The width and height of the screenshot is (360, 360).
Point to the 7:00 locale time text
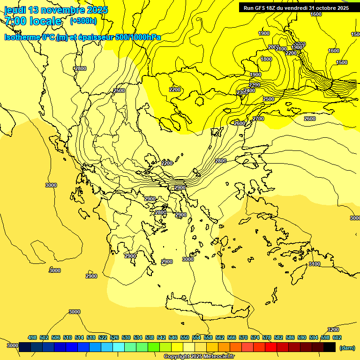click(33, 21)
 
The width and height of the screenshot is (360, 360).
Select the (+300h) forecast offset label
click(83, 21)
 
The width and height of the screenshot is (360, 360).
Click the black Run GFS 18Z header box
click(296, 7)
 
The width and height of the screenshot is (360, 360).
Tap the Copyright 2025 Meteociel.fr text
click(199, 357)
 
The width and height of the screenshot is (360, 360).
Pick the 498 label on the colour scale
click(32, 337)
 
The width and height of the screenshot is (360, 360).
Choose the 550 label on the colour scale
click(185, 337)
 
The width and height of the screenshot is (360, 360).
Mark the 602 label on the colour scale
click(337, 337)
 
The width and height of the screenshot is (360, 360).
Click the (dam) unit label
click(347, 348)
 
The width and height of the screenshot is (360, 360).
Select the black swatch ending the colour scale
click(330, 347)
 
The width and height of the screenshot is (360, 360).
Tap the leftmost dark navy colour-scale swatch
click(25, 347)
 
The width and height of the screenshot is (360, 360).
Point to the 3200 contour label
click(333, 330)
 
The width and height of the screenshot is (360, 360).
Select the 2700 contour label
click(258, 119)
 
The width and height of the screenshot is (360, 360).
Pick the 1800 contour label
click(266, 59)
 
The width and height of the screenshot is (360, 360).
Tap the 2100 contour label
click(281, 49)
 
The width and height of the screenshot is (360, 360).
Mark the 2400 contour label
click(249, 90)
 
